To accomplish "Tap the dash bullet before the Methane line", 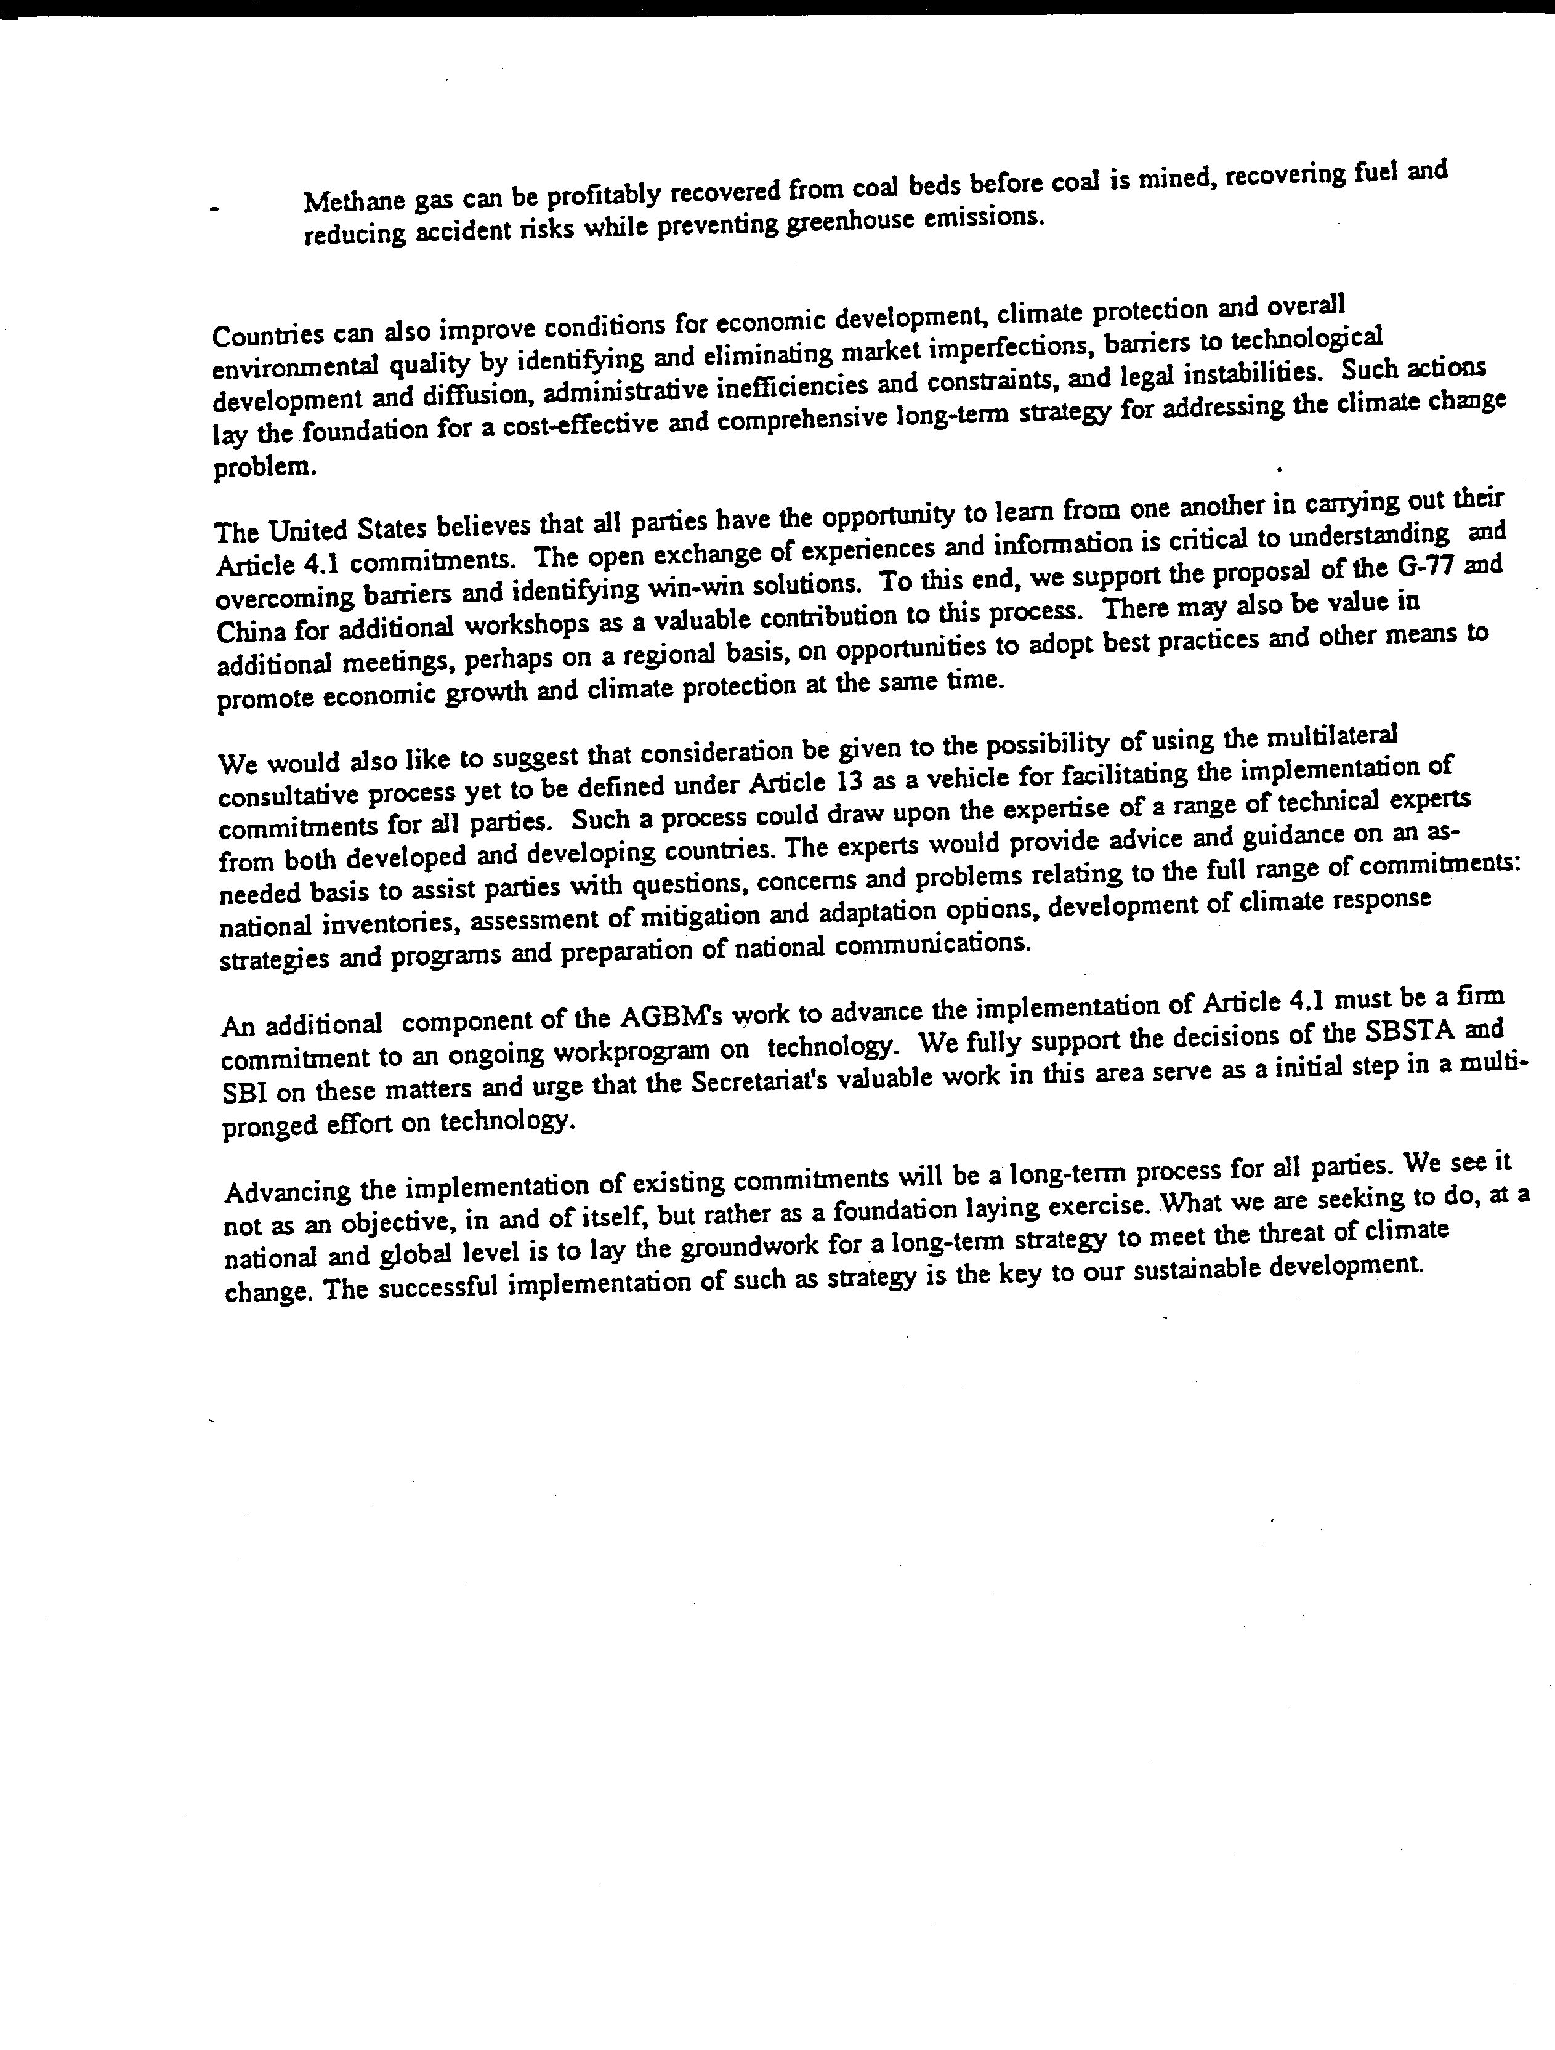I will point(214,211).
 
